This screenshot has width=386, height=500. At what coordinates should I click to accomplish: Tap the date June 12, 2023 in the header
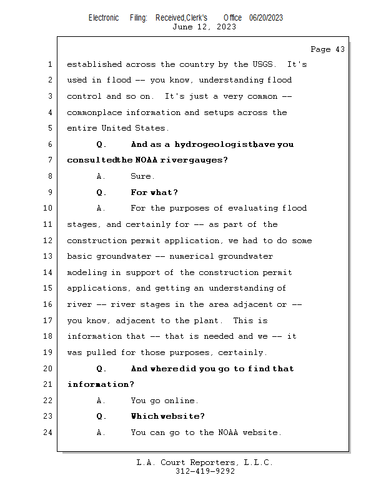pyautogui.click(x=204, y=27)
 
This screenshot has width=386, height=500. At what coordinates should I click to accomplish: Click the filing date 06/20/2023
pyautogui.click(x=266, y=18)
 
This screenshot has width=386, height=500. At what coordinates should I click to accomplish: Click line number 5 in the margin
pyautogui.click(x=49, y=128)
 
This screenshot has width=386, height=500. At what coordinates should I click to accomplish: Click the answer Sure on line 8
pyautogui.click(x=142, y=177)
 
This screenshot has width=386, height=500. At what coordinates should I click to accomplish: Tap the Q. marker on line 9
pyautogui.click(x=101, y=192)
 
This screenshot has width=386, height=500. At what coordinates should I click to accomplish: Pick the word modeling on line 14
pyautogui.click(x=86, y=272)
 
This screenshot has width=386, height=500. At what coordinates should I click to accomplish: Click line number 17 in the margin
pyautogui.click(x=47, y=321)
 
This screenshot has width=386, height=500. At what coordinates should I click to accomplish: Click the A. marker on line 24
pyautogui.click(x=101, y=432)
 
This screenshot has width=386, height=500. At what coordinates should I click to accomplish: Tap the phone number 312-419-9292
pyautogui.click(x=204, y=472)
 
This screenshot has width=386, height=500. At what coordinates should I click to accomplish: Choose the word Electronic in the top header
pyautogui.click(x=104, y=18)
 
